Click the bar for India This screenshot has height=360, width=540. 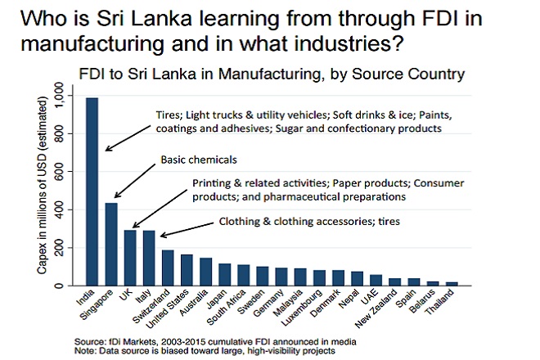(x=92, y=191)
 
